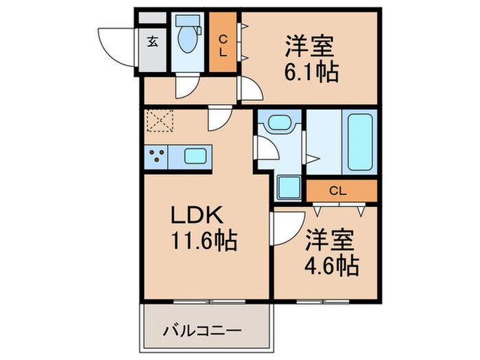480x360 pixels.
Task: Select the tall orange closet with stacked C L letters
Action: tap(223, 43)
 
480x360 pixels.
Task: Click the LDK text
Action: tap(196, 216)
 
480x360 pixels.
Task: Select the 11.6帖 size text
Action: tap(203, 241)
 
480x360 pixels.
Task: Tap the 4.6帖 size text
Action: tap(332, 265)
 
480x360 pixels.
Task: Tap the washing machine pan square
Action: tap(288, 187)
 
